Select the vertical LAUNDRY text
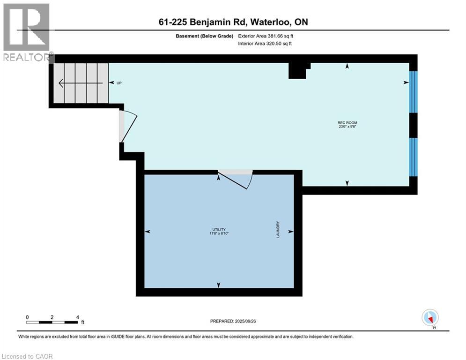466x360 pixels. [278, 230]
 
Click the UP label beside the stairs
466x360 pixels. [119, 83]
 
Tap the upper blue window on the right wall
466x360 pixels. [413, 92]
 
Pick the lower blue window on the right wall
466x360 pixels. [413, 157]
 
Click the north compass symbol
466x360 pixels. [429, 317]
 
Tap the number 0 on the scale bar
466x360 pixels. [28, 317]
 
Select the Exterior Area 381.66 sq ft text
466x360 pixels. [266, 36]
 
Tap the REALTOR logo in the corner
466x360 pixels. [27, 32]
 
